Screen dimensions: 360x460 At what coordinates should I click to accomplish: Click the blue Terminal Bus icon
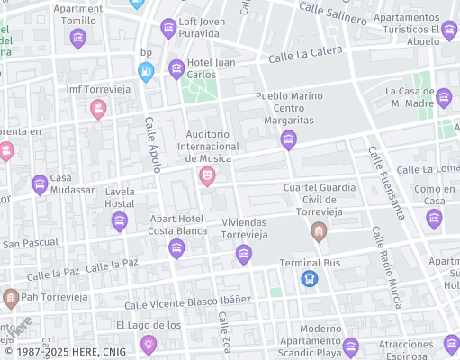point(310,279)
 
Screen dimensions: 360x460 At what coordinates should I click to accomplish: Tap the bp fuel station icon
point(146,70)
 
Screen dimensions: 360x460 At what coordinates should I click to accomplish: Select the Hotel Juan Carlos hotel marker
point(176,68)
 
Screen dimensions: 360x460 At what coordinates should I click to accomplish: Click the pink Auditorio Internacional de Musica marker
point(207,176)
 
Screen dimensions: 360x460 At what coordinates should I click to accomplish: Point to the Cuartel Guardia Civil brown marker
point(318,233)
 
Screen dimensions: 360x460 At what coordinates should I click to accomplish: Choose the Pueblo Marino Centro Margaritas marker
point(288,139)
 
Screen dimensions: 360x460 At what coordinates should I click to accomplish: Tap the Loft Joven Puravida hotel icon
point(168,29)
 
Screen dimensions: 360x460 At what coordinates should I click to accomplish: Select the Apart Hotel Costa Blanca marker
point(176,248)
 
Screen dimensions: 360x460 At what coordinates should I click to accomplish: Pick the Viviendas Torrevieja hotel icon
point(243,256)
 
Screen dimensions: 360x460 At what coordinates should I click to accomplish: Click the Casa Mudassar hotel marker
point(40,185)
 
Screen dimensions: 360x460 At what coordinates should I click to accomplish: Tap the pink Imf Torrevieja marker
point(98,109)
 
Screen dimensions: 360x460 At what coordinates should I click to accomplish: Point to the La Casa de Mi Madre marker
point(444,96)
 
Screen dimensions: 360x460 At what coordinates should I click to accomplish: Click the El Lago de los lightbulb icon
point(149,343)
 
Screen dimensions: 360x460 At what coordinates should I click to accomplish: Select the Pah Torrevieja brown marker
point(11,297)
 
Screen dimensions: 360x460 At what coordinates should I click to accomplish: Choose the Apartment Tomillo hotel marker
point(77,38)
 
